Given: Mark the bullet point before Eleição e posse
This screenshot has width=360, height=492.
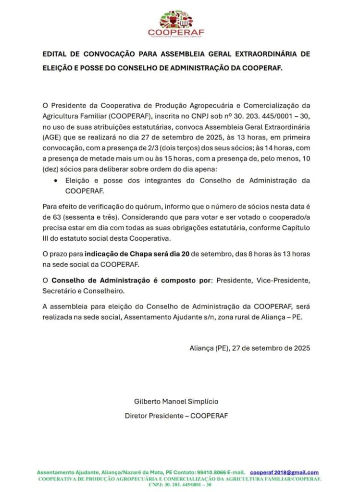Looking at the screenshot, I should click(57, 181).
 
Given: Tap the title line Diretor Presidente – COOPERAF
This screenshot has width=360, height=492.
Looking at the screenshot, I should click(176, 416).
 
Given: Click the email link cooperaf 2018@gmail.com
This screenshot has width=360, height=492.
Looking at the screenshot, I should click(285, 473).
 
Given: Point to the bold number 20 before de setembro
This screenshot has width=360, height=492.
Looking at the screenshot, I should click(185, 253).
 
